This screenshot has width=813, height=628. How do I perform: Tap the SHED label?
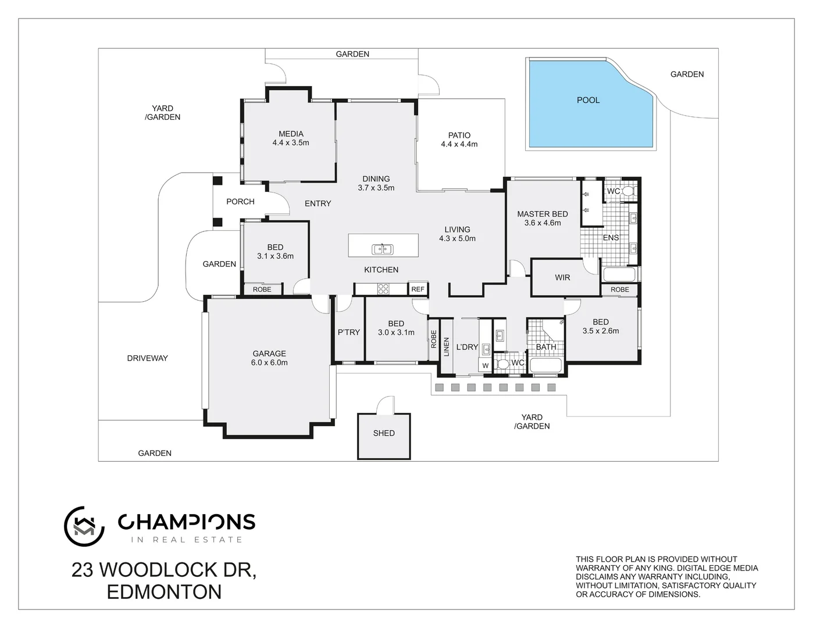(384, 433)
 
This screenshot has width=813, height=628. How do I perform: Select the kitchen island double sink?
(382, 249)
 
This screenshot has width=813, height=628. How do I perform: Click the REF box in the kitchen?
(418, 289)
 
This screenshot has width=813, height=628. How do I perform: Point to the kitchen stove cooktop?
(384, 288)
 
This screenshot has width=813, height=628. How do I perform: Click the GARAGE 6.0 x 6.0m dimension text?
(270, 362)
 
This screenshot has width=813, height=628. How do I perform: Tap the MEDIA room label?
(291, 134)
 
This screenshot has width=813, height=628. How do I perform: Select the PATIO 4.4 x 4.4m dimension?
(459, 144)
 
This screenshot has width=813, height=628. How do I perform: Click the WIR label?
(562, 277)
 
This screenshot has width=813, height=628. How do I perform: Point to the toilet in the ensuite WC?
(629, 191)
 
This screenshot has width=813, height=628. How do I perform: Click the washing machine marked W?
(485, 366)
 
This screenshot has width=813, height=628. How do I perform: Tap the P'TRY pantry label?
(349, 332)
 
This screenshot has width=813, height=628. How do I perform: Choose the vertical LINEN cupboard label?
(447, 347)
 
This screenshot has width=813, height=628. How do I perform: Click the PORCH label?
(240, 202)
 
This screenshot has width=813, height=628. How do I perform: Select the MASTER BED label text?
(542, 214)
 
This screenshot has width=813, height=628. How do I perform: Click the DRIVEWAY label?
(147, 358)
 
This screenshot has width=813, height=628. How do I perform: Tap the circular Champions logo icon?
(84, 526)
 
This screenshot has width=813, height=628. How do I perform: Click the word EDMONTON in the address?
(165, 592)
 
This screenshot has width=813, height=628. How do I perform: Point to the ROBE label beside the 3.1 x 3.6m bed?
(262, 289)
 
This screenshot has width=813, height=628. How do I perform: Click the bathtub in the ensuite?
(620, 275)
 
